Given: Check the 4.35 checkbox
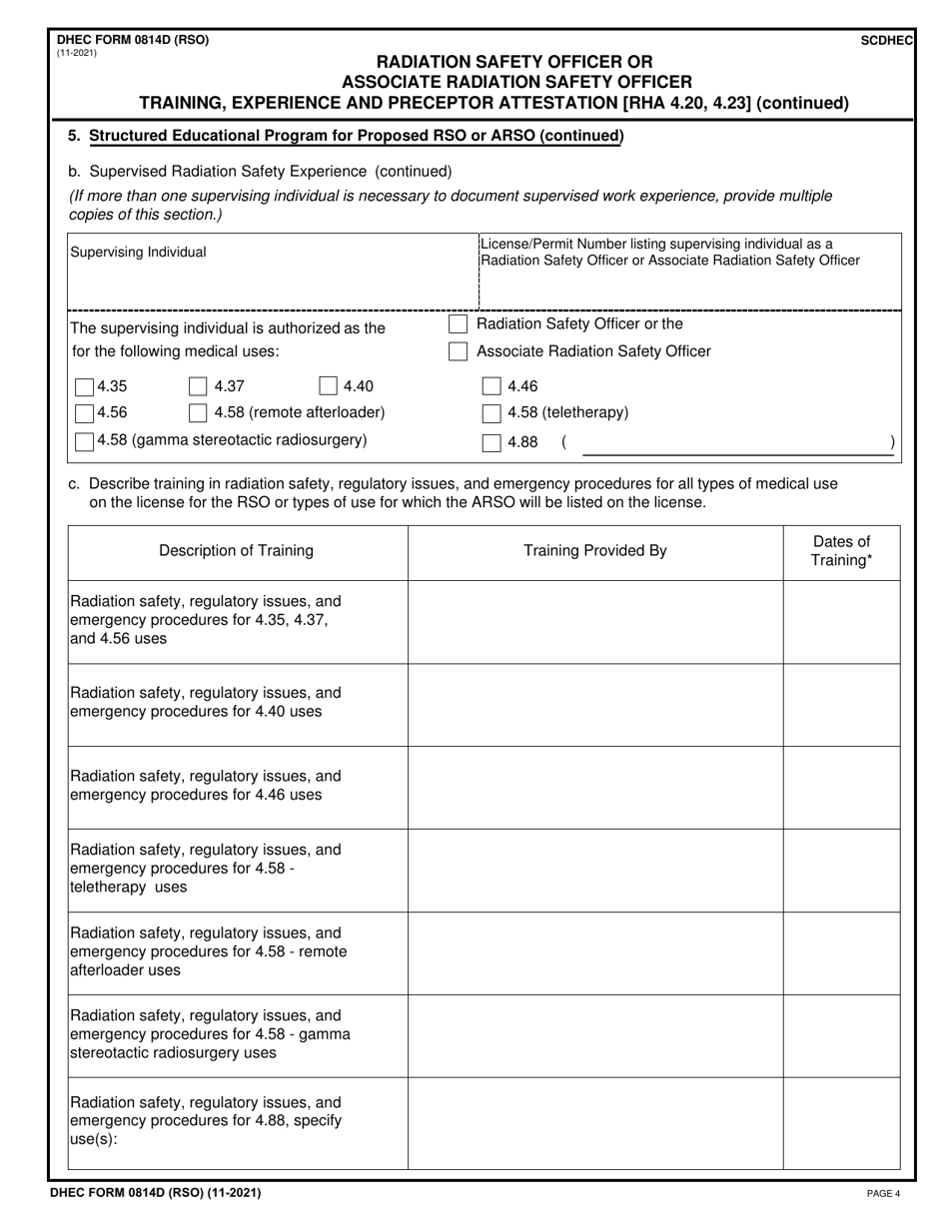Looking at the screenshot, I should (x=85, y=387).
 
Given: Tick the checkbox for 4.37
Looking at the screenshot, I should (x=198, y=387).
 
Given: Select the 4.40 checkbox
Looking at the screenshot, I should (x=328, y=387).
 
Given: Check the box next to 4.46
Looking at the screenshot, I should (x=491, y=387).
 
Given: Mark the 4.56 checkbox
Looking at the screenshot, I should (x=85, y=413).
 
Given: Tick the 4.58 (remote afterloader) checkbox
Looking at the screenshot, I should (x=198, y=413).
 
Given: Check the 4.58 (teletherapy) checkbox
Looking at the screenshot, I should (x=491, y=413).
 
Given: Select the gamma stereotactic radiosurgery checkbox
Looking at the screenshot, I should (x=85, y=440).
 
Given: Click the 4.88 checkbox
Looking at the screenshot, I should (x=491, y=442).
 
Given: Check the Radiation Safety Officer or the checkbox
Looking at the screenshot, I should (x=458, y=324).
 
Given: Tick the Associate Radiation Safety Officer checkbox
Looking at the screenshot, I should (x=458, y=351).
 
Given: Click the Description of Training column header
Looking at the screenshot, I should (x=236, y=551).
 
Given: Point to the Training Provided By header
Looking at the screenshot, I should (x=594, y=551).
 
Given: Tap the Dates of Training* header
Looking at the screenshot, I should (x=840, y=551).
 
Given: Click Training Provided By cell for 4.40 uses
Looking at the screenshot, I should (x=594, y=704).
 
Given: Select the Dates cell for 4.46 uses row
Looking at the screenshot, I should (x=840, y=787).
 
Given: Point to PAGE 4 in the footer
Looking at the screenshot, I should (x=883, y=1193).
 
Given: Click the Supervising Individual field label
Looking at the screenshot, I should (x=138, y=253).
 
